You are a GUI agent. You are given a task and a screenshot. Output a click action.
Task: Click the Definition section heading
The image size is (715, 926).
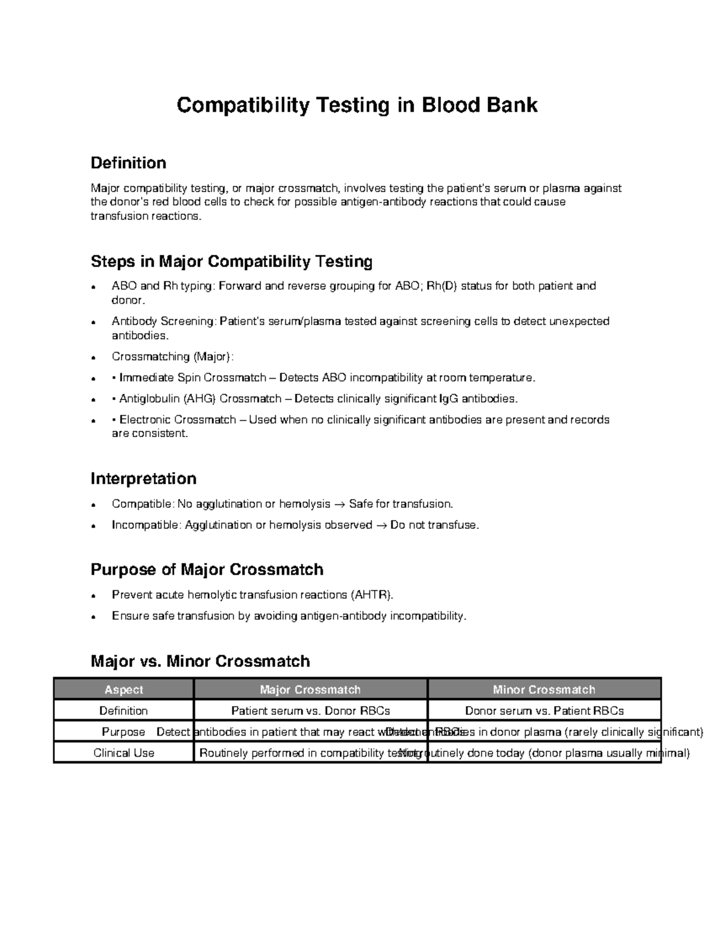coord(128,163)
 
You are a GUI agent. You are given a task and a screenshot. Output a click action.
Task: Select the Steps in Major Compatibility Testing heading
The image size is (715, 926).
coord(231,261)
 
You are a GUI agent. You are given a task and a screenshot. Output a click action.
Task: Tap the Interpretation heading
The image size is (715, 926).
coord(143,479)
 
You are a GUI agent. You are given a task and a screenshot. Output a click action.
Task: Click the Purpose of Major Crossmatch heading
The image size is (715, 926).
coord(207,569)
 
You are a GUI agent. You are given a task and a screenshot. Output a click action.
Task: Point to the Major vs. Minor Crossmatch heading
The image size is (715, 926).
coord(200,661)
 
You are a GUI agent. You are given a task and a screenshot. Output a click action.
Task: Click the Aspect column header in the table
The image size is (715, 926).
coord(124,690)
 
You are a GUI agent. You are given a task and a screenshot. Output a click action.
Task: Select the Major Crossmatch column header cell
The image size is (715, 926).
coord(310,690)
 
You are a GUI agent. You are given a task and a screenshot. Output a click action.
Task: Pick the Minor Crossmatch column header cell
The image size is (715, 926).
coord(543,690)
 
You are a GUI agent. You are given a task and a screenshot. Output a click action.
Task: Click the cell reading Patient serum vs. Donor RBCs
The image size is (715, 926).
coord(310,711)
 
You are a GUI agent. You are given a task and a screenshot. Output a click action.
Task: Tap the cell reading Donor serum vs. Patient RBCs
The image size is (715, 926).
coord(544,711)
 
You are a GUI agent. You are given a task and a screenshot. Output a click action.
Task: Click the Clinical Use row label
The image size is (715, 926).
coord(124,753)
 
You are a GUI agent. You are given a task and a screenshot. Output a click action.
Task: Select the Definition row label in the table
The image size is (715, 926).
coord(124,711)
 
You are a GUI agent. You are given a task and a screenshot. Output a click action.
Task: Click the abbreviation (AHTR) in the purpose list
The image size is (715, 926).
coord(372,595)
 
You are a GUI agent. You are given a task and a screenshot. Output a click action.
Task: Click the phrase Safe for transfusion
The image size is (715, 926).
coord(401,504)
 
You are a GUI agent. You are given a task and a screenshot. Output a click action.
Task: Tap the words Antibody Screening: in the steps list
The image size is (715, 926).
coord(164,321)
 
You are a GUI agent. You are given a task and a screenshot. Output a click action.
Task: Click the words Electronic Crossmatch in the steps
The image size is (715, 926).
coord(178,420)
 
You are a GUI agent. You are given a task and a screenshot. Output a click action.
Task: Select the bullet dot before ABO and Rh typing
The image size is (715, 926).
coord(93,287)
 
